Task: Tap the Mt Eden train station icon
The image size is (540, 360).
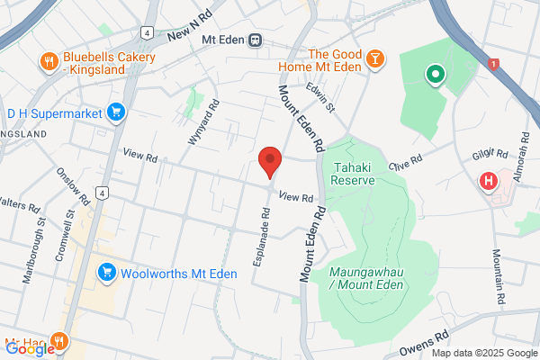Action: pyautogui.click(x=256, y=40)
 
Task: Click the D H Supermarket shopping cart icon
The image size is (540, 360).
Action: pyautogui.click(x=115, y=112)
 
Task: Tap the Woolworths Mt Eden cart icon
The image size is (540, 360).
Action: pyautogui.click(x=107, y=271)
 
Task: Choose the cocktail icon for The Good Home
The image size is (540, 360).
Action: pyautogui.click(x=374, y=60)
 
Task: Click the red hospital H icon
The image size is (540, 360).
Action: pyautogui.click(x=489, y=181)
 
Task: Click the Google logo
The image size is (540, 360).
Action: pyautogui.click(x=31, y=349)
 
